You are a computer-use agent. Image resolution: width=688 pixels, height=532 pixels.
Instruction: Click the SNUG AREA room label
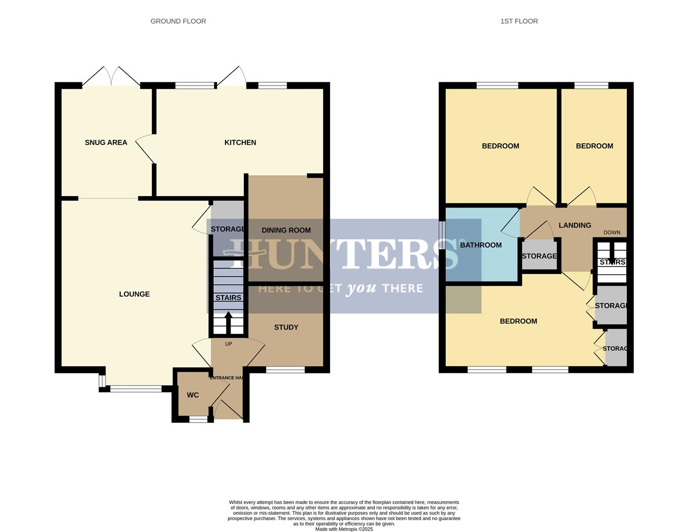(x=106, y=142)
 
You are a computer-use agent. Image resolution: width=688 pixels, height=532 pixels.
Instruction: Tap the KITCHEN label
(x=240, y=142)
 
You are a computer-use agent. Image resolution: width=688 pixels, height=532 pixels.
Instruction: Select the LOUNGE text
(x=134, y=294)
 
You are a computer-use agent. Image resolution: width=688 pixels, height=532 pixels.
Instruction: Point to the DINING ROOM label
(x=286, y=230)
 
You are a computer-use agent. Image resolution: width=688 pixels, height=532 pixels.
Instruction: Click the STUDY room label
(x=286, y=327)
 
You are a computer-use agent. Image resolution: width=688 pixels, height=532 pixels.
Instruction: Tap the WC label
(x=193, y=395)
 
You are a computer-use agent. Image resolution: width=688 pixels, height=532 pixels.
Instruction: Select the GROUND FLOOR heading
(x=178, y=21)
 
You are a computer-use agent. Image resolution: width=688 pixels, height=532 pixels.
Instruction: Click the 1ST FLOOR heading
(x=519, y=21)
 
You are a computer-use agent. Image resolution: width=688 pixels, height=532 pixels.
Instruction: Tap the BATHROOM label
(x=481, y=245)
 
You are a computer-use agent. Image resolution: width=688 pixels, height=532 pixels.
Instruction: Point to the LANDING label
(x=575, y=225)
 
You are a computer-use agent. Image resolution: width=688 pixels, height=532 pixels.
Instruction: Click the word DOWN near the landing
(x=612, y=233)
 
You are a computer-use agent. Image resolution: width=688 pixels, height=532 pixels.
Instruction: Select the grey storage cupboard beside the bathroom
(x=539, y=256)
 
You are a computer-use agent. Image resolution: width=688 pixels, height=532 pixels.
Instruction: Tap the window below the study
(x=285, y=369)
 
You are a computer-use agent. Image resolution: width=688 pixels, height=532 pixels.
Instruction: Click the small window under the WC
(x=198, y=420)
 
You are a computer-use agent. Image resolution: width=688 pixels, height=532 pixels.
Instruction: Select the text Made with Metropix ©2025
(x=344, y=529)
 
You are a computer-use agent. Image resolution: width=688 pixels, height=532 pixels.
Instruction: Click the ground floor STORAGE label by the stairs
(x=228, y=229)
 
